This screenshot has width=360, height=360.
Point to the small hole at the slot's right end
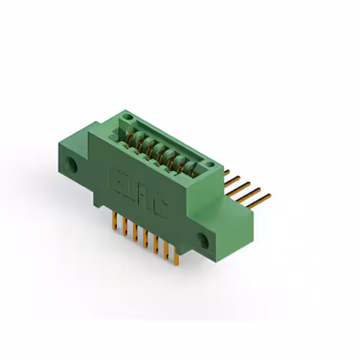[210, 165]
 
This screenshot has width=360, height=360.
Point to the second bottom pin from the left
[124, 228]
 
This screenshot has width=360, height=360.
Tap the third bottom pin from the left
[134, 235]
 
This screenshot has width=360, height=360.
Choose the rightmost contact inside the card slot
[191, 166]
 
